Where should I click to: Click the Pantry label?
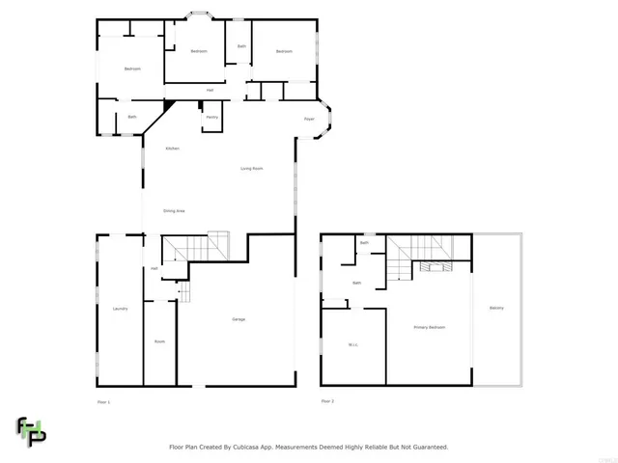[x=211, y=118]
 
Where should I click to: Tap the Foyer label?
[x=309, y=119]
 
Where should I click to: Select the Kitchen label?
[x=172, y=149]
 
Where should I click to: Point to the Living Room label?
[x=252, y=169]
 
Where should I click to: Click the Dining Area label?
[x=174, y=210]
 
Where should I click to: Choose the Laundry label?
[x=120, y=309]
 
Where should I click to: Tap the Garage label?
[x=238, y=319]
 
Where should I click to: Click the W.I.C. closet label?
[x=352, y=344]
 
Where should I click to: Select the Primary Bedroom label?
[x=430, y=328]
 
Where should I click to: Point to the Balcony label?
[x=496, y=308]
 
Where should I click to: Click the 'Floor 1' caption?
[x=104, y=400]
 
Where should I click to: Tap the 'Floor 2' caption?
[x=327, y=400]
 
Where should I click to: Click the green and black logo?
[x=30, y=431]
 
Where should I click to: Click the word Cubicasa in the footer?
[x=252, y=447]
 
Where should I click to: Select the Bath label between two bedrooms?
[x=241, y=46]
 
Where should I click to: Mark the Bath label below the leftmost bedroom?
[x=132, y=117]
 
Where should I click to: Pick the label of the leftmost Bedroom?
[x=132, y=68]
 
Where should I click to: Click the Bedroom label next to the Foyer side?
[x=284, y=51]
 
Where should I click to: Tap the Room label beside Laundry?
[x=159, y=341]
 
